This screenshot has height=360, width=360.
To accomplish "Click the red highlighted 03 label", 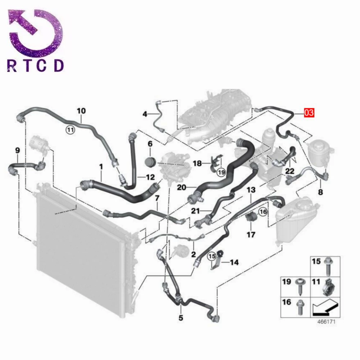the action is pyautogui.click(x=309, y=113).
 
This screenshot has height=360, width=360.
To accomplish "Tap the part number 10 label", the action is pyautogui.click(x=81, y=111).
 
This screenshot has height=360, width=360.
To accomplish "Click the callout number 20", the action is pyautogui.click(x=181, y=188).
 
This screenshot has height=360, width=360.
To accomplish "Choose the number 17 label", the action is pyautogui.click(x=251, y=234).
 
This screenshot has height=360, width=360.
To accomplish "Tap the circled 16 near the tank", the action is pyautogui.click(x=264, y=211).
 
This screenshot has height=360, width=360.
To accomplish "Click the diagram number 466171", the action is pyautogui.click(x=326, y=321).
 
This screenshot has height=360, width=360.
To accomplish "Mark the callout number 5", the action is pyautogui.click(x=181, y=318).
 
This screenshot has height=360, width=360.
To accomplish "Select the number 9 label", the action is pyautogui.click(x=17, y=150).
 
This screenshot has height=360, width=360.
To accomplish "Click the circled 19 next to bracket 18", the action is pyautogui.click(x=221, y=172).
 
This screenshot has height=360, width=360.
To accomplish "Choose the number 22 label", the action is pyautogui.click(x=290, y=171).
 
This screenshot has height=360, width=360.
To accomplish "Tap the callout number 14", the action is pyautogui.click(x=234, y=262).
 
